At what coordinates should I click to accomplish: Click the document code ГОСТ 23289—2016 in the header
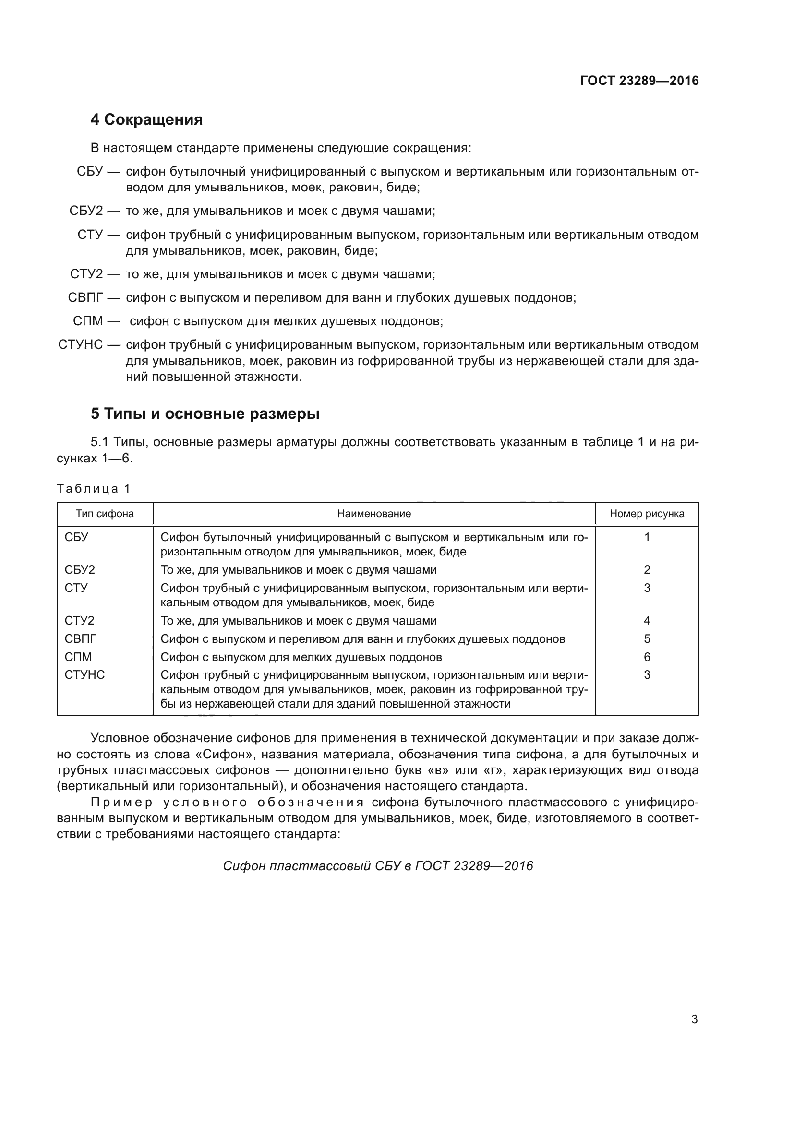639,81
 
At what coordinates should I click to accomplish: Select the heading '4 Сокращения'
147,120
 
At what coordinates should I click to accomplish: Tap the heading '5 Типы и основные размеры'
205,414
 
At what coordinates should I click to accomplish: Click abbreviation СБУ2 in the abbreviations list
86,211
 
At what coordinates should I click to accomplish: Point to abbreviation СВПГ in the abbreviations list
85,297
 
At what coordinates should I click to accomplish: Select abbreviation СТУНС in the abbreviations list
81,345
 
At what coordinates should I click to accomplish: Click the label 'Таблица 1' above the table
94,489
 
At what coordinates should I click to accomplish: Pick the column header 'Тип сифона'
105,514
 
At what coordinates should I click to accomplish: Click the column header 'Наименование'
374,514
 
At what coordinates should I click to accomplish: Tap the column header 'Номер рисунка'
647,514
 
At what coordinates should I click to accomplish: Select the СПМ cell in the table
78,657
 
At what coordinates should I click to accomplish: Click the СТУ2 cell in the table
80,621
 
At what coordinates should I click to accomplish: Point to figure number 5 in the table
647,638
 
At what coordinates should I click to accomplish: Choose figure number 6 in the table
647,657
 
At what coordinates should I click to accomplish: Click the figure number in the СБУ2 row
647,570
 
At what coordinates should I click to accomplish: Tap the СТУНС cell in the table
84,675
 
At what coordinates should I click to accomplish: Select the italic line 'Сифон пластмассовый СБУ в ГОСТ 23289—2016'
378,866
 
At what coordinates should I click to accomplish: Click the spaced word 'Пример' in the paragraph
122,803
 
